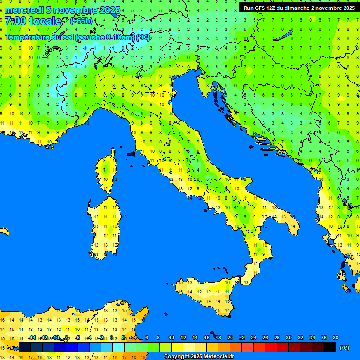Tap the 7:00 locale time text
coord(33,21)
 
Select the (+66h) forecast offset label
coord(81,21)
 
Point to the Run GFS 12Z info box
coord(299,7)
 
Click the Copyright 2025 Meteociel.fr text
coord(199,356)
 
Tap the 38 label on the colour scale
coord(335,337)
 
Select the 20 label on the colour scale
coord(230,337)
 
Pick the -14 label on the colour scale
coord(32,337)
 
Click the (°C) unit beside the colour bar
coord(344,348)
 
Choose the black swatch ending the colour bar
coord(330,347)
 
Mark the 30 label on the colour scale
coord(288,337)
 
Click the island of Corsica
coord(108,171)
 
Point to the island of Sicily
coord(206,293)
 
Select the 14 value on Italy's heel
coord(292,226)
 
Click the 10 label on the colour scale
coord(171,337)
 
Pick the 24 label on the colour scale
coord(253,337)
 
